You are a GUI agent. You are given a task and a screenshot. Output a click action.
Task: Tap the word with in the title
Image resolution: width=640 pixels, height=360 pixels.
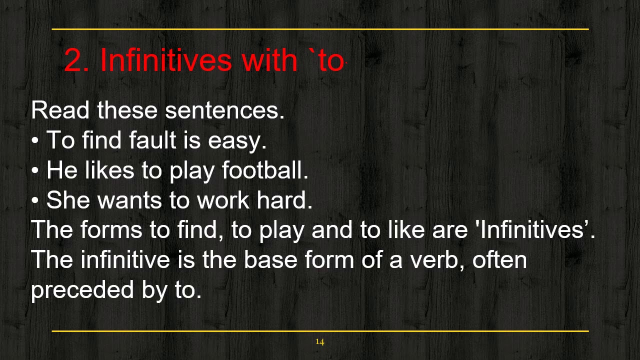click(269, 60)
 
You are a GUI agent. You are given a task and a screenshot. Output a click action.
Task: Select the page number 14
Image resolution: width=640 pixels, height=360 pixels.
click(320, 342)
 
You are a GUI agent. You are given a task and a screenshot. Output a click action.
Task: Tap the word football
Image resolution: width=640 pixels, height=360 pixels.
click(264, 170)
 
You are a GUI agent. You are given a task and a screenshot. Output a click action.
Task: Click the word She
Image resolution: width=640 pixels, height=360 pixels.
click(68, 200)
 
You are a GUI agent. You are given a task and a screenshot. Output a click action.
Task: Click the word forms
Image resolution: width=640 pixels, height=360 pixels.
click(111, 230)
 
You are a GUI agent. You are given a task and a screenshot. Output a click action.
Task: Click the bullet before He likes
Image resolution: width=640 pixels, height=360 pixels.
click(35, 171)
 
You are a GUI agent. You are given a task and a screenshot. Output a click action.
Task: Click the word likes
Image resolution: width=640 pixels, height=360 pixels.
click(109, 170)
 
